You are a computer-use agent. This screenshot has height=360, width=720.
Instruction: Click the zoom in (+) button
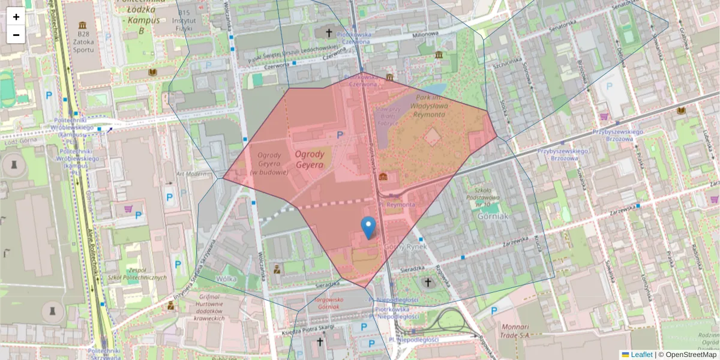click(x=16, y=17)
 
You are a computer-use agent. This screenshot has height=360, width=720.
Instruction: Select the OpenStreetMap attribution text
click(x=687, y=355)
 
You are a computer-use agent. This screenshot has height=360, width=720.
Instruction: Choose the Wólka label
click(x=226, y=278)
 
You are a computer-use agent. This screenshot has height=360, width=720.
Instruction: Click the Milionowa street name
click(x=425, y=35)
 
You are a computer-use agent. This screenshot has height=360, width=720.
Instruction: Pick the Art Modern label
click(x=191, y=174)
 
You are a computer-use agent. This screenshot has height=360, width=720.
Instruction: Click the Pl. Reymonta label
click(x=401, y=205)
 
